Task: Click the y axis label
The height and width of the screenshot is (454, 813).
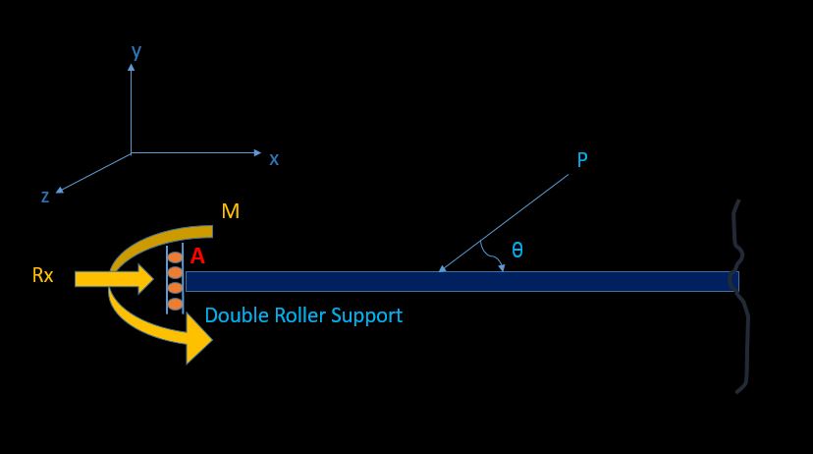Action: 136,52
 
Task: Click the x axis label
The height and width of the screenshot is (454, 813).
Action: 274,158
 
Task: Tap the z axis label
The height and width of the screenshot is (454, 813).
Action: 45,197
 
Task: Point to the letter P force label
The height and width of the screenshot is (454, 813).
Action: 582,160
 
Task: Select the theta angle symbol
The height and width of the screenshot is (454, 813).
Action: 517,251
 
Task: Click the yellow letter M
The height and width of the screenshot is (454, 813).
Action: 231,211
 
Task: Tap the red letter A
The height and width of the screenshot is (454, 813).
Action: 197,256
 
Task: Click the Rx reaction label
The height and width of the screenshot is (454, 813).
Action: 42,276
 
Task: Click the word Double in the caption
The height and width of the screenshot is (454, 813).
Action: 234,316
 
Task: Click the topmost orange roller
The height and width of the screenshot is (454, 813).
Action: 175,258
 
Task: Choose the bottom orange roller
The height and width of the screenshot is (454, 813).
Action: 175,305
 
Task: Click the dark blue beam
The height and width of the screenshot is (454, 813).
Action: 461,282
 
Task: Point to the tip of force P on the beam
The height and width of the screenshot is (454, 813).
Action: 441,270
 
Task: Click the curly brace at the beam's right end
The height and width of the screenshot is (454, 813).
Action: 738,295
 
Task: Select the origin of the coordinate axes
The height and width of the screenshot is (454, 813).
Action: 132,153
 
